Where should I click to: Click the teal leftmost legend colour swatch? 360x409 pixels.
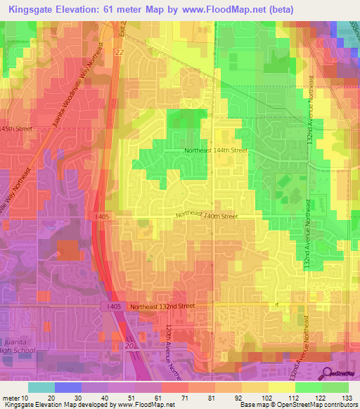41,387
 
